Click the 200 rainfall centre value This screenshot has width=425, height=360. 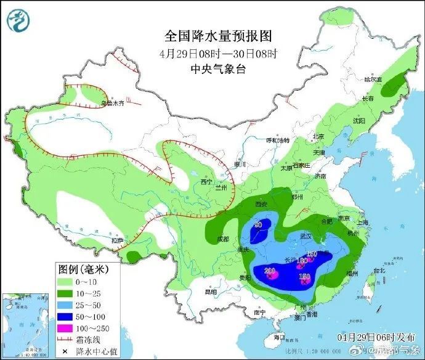point(269,271)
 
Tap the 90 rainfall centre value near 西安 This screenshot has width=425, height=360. point(259,225)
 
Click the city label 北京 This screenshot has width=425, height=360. point(318,137)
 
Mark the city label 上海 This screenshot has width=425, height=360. point(362,223)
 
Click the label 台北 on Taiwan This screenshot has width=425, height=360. point(378,270)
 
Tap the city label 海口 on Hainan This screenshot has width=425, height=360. point(278,338)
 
